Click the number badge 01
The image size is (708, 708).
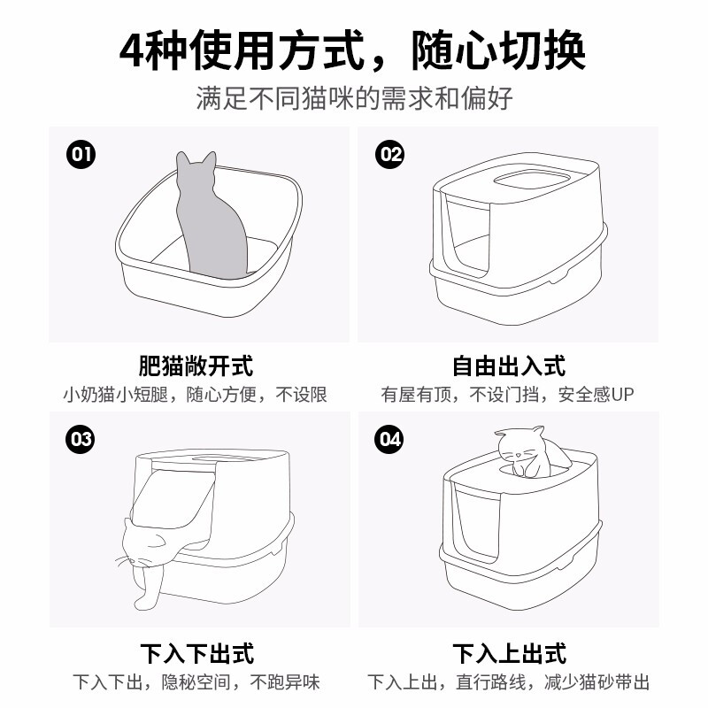tap(81, 156)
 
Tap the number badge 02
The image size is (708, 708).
tap(390, 156)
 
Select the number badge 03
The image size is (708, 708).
tap(81, 439)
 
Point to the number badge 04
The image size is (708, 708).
tap(389, 439)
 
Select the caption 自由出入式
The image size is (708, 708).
tap(508, 366)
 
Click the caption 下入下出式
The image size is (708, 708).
tap(196, 653)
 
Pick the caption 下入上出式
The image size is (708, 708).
tap(508, 653)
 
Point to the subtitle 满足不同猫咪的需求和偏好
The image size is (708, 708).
tap(354, 97)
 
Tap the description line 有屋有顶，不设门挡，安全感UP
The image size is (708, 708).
tap(508, 395)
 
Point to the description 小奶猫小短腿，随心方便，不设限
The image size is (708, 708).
tap(196, 395)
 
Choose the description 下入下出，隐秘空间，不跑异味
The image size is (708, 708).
tap(196, 682)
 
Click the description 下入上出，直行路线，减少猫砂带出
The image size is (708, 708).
tap(508, 682)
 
